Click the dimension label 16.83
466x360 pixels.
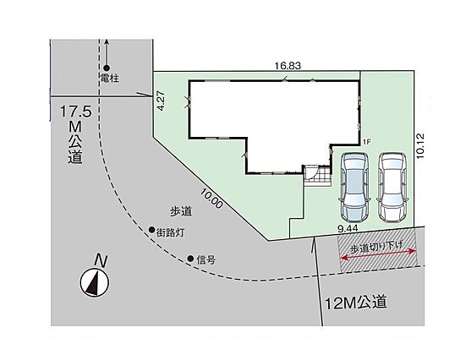tap(288, 66)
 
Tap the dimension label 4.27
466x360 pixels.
tap(160, 101)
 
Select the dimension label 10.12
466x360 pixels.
tap(420, 145)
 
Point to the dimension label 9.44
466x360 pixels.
tap(348, 228)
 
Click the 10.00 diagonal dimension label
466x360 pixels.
tap(211, 199)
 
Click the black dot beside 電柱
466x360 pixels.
tap(107, 68)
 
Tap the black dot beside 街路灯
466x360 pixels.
tap(151, 229)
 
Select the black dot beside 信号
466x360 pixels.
tap(190, 259)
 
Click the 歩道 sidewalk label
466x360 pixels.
tap(181, 211)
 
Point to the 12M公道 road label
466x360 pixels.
tap(356, 303)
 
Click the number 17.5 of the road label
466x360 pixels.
tap(76, 112)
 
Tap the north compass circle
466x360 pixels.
tap(95, 282)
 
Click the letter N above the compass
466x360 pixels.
tap(101, 261)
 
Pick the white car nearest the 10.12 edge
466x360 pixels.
tap(392, 188)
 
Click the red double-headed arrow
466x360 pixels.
tap(378, 254)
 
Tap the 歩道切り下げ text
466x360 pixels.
tap(376, 247)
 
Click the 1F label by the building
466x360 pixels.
tap(367, 142)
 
